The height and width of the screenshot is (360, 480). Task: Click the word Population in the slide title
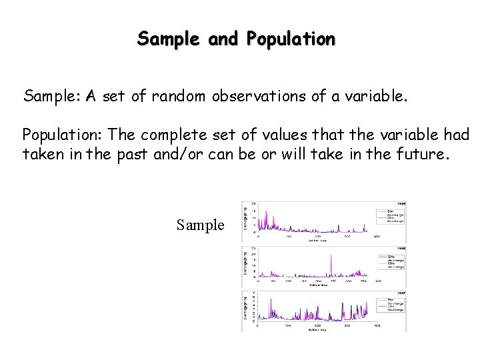[291, 39]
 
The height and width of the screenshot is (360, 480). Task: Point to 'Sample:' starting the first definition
[52, 97]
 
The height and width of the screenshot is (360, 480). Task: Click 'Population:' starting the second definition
[63, 135]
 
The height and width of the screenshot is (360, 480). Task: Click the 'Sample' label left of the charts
[201, 225]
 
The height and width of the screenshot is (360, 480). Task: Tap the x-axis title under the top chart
[317, 241]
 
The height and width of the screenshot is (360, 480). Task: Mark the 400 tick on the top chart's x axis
[377, 237]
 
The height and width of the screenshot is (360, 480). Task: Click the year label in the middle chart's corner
[402, 248]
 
